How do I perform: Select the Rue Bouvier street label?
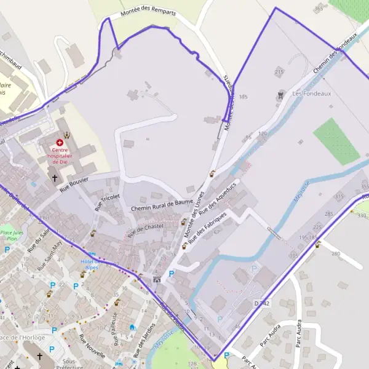tap(74, 184)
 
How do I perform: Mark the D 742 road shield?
tap(262, 304)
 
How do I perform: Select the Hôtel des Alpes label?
tap(90, 264)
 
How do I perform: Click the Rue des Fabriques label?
tap(207, 228)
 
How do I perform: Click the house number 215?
tap(280, 73)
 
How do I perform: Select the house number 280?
tap(336, 253)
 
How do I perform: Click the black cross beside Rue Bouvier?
tap(54, 178)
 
